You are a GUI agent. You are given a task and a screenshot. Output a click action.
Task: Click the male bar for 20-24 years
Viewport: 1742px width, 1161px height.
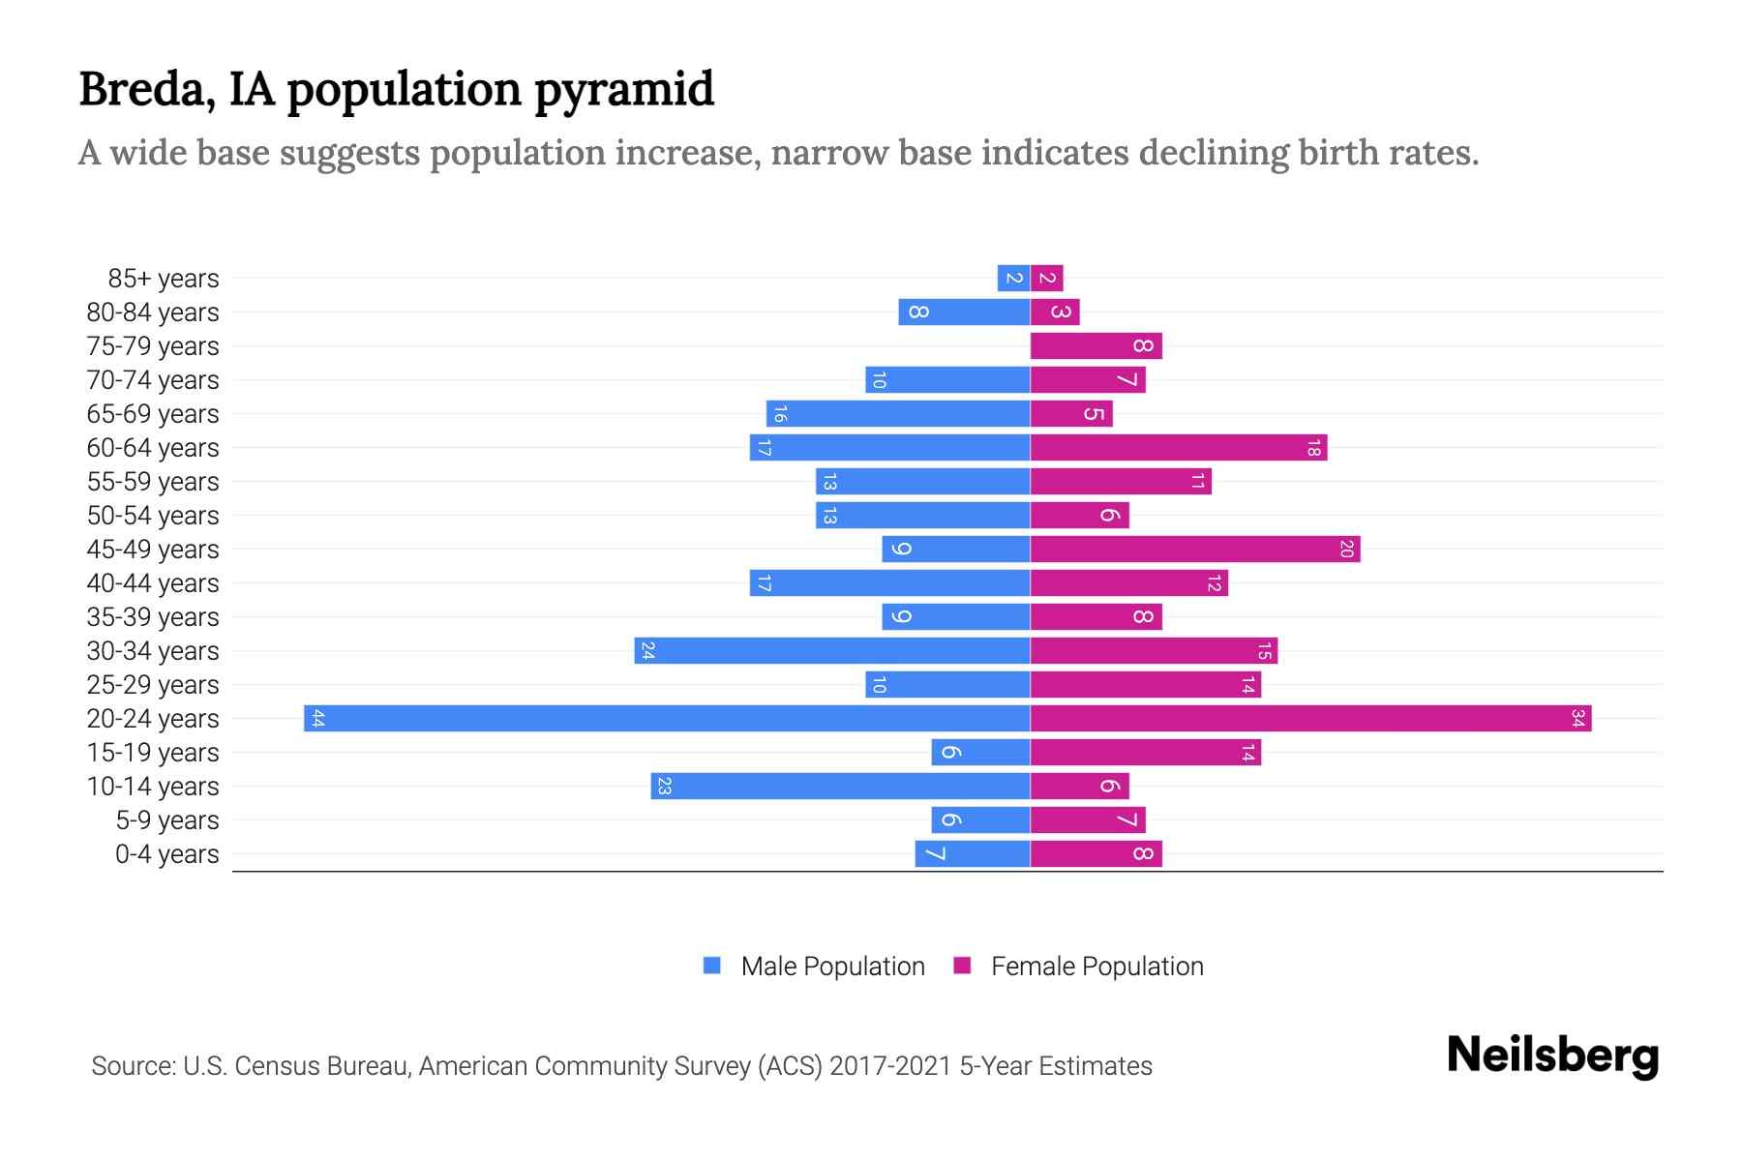pos(667,719)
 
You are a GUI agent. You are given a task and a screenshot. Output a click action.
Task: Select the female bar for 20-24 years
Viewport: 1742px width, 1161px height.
pos(1310,719)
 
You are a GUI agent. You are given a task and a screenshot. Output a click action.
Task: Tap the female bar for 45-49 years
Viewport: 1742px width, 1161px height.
pos(1195,550)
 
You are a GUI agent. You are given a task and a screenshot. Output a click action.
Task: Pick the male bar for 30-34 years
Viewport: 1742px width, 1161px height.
pos(832,651)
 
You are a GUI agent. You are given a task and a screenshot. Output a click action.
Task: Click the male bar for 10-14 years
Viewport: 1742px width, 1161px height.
pos(840,787)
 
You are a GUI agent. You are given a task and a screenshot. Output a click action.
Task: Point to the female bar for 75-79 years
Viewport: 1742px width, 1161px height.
pos(1096,346)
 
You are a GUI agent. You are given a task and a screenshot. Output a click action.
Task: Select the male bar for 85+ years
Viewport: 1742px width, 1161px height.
pos(1013,279)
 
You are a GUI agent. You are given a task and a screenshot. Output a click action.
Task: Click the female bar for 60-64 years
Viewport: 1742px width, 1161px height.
pos(1179,448)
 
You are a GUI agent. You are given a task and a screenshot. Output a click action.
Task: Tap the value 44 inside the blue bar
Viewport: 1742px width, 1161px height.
pos(317,719)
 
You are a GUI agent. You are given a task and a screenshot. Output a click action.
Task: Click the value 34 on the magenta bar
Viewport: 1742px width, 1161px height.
pos(1577,719)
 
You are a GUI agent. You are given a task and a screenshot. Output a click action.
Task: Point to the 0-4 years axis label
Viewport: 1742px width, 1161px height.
pos(166,854)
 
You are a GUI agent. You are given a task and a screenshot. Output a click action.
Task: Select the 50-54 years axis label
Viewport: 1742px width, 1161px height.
pos(153,516)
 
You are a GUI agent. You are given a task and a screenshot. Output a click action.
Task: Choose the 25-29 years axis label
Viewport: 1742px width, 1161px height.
pos(153,685)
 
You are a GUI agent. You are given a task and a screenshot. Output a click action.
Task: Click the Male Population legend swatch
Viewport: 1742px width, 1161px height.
pos(712,966)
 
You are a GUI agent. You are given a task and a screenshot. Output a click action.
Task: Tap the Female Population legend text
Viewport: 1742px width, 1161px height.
pos(1096,966)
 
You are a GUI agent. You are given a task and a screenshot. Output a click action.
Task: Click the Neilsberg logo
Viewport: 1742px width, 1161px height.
pos(1552,1056)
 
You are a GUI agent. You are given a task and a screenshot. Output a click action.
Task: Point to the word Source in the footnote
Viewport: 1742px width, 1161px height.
pos(133,1066)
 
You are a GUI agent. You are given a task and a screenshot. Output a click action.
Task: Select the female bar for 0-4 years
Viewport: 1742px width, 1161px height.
pos(1096,854)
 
